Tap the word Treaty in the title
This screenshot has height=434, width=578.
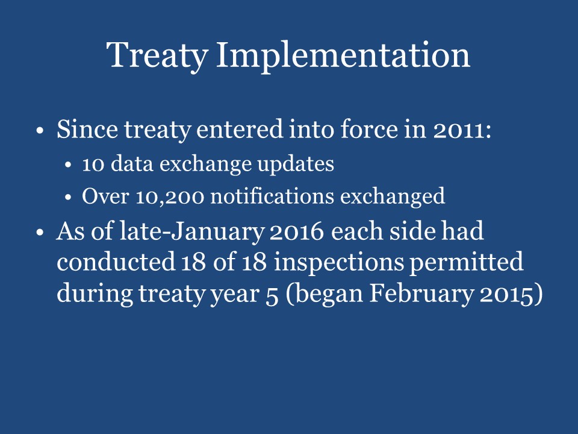[157, 55]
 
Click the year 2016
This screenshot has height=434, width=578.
[301, 232]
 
